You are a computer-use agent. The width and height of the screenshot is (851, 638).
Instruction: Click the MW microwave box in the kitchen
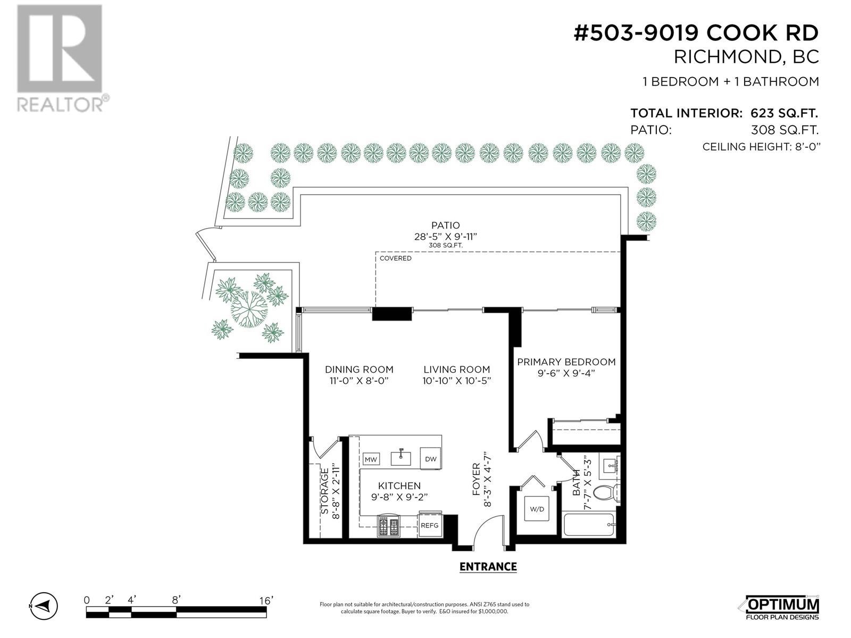(x=371, y=459)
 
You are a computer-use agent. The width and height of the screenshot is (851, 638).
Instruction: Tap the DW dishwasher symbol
(x=430, y=459)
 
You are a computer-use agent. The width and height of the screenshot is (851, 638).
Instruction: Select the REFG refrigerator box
(x=430, y=525)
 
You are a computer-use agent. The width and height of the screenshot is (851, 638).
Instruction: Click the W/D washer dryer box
(x=537, y=509)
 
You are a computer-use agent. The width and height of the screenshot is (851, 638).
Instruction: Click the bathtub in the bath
(x=589, y=525)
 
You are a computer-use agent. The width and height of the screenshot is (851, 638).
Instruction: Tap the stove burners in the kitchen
(x=388, y=526)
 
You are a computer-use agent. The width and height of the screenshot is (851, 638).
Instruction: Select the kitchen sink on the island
(x=401, y=457)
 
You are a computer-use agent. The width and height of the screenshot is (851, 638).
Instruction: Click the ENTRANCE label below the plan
(x=488, y=567)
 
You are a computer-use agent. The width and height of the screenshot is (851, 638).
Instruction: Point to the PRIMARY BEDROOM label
(x=566, y=362)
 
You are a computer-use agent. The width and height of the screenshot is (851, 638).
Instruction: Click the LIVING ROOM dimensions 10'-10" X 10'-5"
(x=457, y=381)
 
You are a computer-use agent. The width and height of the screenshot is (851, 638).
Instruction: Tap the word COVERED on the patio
(x=396, y=258)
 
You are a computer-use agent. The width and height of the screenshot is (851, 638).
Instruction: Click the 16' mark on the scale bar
(x=266, y=600)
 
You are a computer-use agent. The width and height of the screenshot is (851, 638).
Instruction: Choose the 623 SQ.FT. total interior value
(x=784, y=113)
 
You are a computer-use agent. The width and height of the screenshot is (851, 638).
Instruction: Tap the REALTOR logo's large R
(x=60, y=48)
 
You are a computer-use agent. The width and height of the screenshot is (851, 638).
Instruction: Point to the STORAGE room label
(x=324, y=491)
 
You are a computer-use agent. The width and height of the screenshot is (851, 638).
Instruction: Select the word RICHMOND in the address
(x=727, y=57)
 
